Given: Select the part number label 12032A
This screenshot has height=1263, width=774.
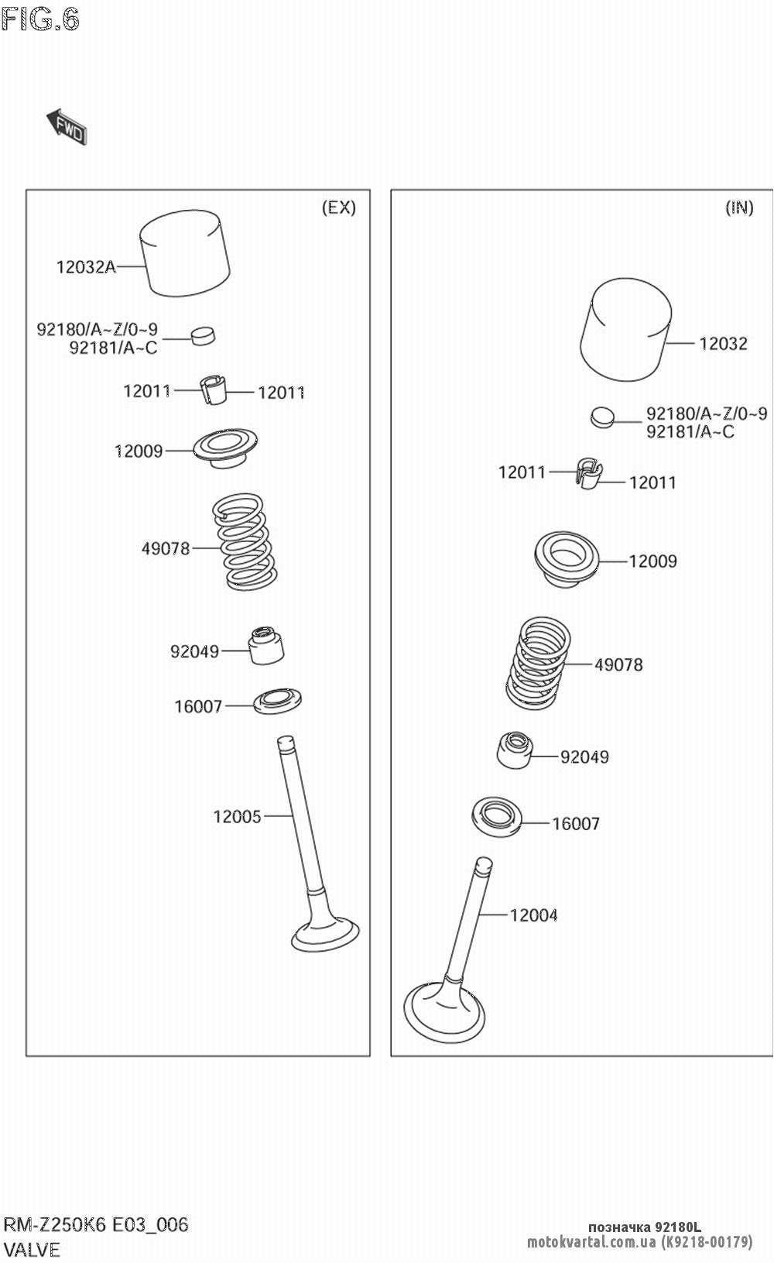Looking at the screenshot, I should click(86, 267).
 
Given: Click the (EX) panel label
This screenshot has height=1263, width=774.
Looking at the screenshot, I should click(339, 208).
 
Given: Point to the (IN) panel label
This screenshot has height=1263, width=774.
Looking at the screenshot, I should click(739, 208).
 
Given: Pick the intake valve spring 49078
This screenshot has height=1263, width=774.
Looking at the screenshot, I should click(539, 663).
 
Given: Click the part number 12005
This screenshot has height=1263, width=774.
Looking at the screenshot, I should click(237, 816).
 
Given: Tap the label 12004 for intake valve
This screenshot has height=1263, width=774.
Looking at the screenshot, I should click(533, 915).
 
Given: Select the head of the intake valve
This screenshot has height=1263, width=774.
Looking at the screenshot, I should click(445, 1012).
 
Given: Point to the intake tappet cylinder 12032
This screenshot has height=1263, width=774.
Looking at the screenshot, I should click(625, 330).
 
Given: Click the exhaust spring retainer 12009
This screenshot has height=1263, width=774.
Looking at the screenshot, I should click(225, 448).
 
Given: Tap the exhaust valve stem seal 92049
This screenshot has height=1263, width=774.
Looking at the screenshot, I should click(265, 644).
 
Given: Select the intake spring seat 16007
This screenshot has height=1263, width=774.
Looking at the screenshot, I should click(497, 816).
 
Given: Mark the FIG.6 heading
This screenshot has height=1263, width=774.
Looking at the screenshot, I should click(40, 19).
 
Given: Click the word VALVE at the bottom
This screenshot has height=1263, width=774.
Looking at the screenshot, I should click(32, 1249).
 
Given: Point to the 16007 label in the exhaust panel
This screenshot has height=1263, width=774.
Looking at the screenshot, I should click(198, 706).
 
